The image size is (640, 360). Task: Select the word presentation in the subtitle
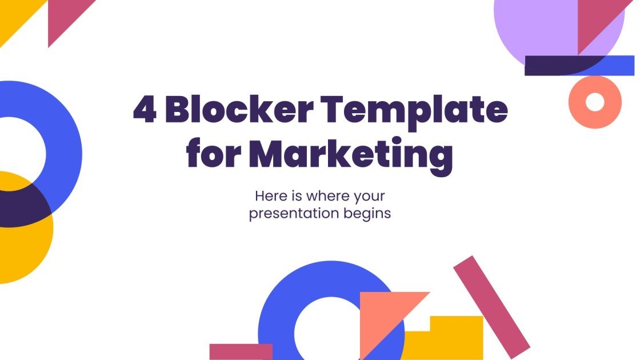[x=294, y=215]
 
